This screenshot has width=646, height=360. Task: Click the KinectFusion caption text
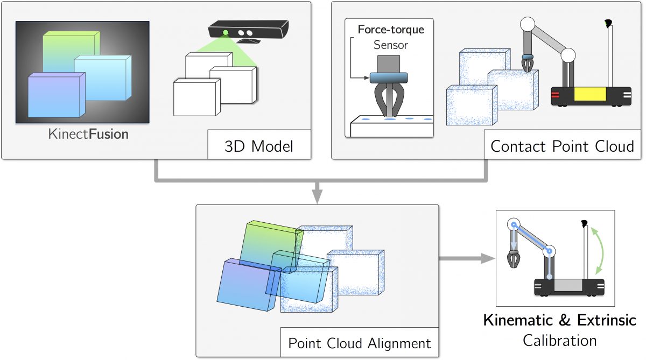pos(88,135)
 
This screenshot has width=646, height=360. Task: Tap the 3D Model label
pos(259,146)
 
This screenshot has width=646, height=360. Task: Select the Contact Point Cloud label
pos(562,146)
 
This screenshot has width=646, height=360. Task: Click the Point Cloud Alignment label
pos(360,343)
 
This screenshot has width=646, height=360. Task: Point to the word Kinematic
pos(518,320)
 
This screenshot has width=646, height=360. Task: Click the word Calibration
pos(559,341)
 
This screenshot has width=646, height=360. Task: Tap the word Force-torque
pos(391,30)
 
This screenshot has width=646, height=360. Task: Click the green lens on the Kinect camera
pos(226,33)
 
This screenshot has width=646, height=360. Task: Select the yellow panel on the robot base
pos(590,94)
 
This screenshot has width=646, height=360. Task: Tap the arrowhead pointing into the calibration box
pos(488,258)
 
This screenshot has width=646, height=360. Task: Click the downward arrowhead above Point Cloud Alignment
pos(317,196)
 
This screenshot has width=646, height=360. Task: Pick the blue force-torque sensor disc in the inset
pos(389,78)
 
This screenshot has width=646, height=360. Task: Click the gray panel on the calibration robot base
pos(568,285)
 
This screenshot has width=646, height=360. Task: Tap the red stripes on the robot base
pos(555,95)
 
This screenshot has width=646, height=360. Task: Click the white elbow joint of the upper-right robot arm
pos(568,55)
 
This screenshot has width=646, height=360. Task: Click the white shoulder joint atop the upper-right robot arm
pos(528,24)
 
